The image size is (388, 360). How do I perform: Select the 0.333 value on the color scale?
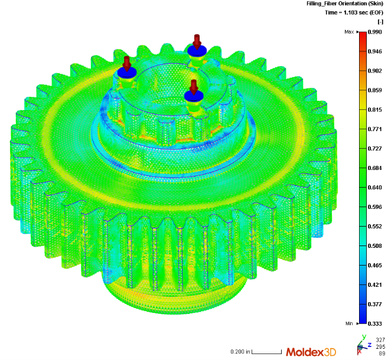coord(376,324)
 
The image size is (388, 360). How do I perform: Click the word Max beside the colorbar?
coord(349,32)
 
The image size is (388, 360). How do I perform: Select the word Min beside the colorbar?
coord(349,324)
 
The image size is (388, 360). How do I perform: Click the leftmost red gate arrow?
coord(126,62)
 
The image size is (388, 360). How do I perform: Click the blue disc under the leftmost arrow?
coord(126,72)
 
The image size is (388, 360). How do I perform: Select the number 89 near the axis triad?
coord(382,353)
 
